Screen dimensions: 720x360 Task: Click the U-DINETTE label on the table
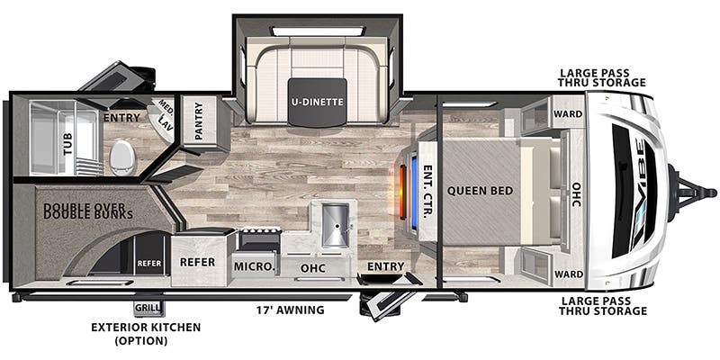point(318,102)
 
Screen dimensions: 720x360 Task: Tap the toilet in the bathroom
point(122,157)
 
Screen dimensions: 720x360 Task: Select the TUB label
point(68,144)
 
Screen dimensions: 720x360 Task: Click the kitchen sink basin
point(335,226)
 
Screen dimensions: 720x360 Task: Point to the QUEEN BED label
point(480,191)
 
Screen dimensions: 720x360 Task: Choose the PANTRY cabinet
point(199,121)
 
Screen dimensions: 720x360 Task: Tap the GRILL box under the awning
point(148,308)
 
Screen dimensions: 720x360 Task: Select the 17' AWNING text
point(290,310)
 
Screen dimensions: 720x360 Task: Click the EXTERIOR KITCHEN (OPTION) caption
point(146,334)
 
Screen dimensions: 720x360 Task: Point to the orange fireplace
point(402,193)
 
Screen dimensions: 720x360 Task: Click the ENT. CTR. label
point(427,191)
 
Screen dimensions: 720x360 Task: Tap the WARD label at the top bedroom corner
point(568,114)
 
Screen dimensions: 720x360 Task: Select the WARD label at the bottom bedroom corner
point(568,274)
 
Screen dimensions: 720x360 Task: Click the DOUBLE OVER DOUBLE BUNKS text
point(88,211)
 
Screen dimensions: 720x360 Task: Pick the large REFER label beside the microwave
point(197,262)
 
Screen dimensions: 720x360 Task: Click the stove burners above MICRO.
point(261,231)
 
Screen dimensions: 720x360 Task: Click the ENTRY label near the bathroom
point(121,118)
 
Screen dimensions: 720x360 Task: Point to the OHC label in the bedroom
point(577,193)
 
